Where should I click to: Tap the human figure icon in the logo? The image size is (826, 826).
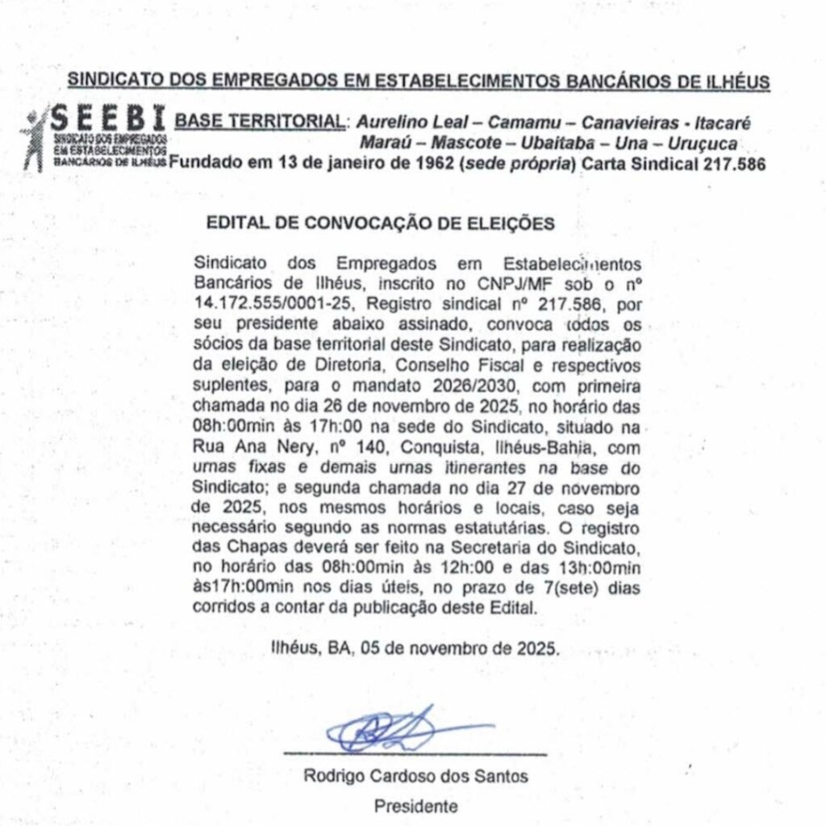pos(34,139)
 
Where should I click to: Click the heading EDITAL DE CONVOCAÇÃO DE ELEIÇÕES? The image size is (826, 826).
pos(381,223)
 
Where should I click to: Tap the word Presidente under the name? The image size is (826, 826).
pos(415,806)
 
